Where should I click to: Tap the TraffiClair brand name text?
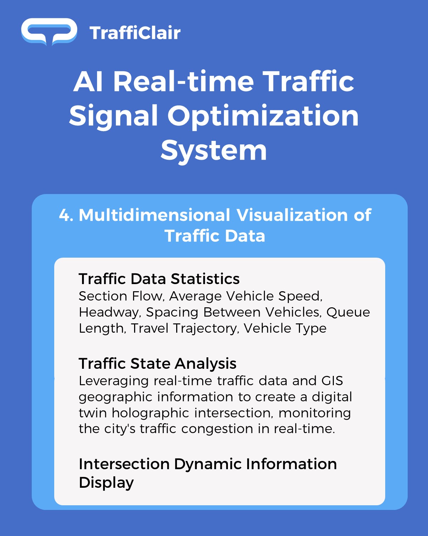tap(135, 33)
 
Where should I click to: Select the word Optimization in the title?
tap(263, 116)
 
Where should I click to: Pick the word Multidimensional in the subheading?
tap(154, 215)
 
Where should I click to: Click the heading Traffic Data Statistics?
tap(159, 279)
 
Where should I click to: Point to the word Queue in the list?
tap(348, 313)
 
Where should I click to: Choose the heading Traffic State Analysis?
tap(158, 363)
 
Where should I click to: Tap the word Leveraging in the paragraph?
tap(114, 381)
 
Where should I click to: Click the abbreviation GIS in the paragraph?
tap(332, 381)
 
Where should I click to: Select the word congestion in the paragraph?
tap(217, 429)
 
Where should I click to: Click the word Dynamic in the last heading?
tap(208, 464)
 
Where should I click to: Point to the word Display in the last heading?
tap(106, 483)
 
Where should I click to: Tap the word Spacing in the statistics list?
tap(172, 313)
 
